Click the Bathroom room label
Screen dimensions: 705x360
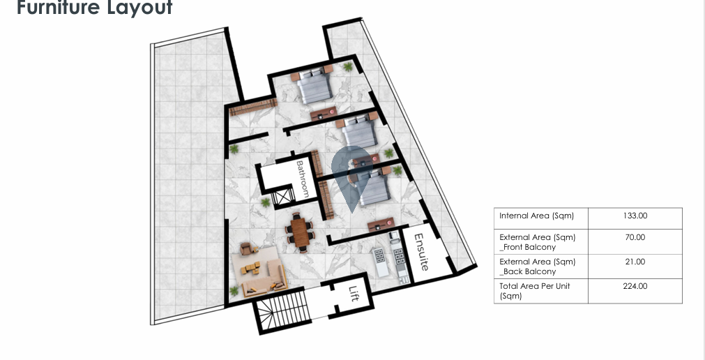(302, 179)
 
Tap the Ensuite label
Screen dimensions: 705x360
(422, 252)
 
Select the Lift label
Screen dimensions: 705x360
(354, 294)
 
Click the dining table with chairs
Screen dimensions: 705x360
(300, 232)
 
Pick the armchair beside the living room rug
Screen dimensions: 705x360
(247, 248)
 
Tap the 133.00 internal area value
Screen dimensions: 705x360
(635, 216)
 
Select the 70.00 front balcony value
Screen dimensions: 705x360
(635, 237)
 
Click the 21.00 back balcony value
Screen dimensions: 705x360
(635, 262)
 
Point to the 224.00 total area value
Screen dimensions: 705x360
(635, 286)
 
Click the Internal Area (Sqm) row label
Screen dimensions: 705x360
(536, 216)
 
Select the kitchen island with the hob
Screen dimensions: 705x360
(380, 262)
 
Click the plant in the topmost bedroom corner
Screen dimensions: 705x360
(348, 67)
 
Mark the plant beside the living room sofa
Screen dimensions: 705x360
(234, 291)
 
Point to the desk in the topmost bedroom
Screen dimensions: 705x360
(324, 114)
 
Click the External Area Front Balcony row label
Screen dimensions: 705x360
(538, 242)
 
